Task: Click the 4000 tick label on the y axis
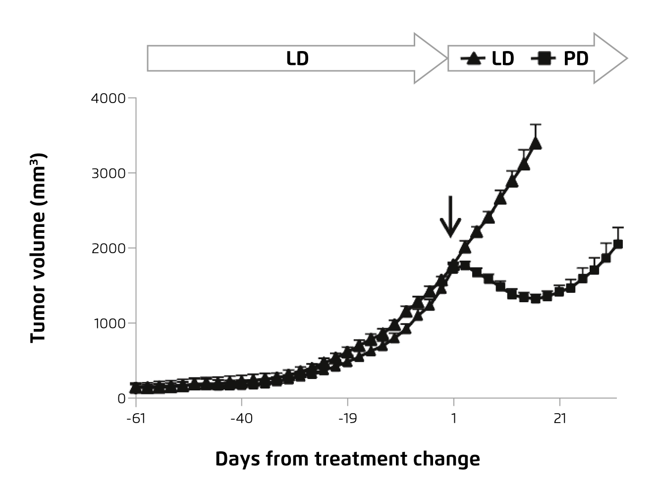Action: point(109,98)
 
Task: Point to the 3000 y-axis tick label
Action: point(109,173)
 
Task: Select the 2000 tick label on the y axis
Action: point(109,248)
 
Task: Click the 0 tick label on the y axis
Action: point(121,398)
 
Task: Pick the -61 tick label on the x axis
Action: point(135,419)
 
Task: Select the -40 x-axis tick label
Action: point(241,419)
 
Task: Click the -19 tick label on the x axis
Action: point(347,419)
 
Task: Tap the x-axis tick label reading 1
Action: point(454,419)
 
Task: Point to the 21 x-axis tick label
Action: point(560,419)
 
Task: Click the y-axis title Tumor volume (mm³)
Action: point(38,248)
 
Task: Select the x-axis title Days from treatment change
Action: point(347,459)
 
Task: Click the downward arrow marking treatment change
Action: point(450,217)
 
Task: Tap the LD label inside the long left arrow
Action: point(297,58)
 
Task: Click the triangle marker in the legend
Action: point(473,59)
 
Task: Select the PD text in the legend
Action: point(576,58)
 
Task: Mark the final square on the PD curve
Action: point(618,244)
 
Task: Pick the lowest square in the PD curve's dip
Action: point(535,298)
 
